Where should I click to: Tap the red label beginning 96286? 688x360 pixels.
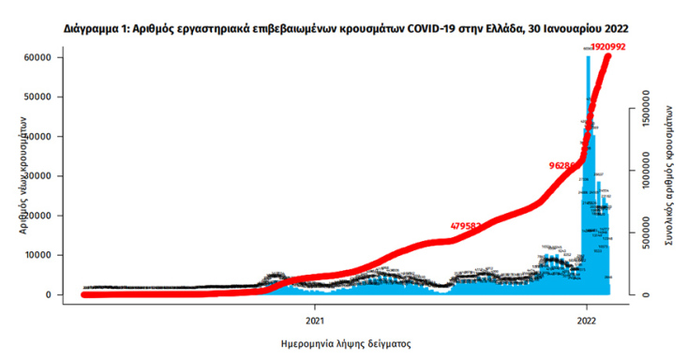tap(565, 166)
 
